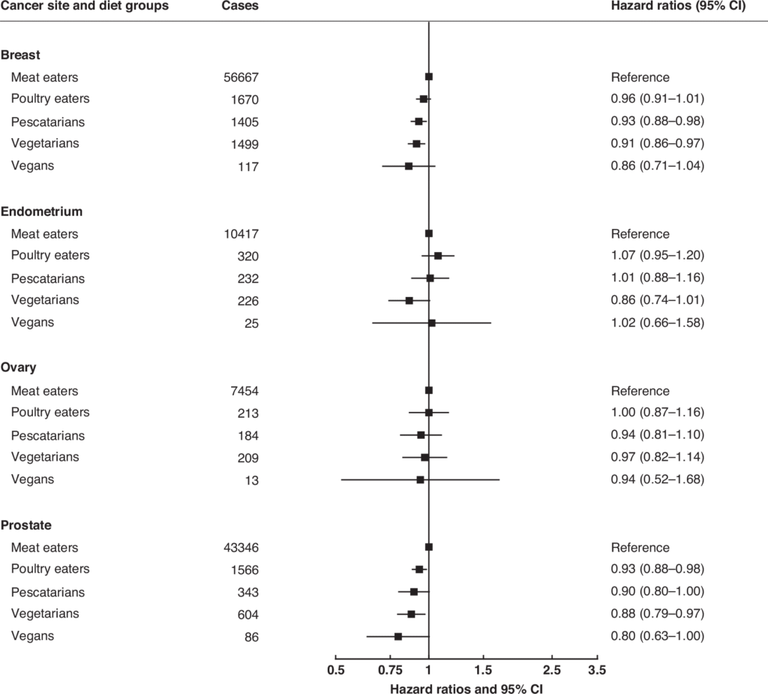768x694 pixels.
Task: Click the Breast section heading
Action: pyautogui.click(x=20, y=55)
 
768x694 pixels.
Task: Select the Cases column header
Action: pyautogui.click(x=240, y=7)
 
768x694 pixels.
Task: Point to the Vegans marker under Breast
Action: pyautogui.click(x=409, y=166)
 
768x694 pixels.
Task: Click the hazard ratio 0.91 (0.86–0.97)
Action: pyautogui.click(x=657, y=143)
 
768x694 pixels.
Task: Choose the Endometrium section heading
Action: pyautogui.click(x=42, y=212)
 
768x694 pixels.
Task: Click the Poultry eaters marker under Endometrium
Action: pyautogui.click(x=438, y=256)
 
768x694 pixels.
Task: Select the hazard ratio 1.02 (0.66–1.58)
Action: pyautogui.click(x=657, y=323)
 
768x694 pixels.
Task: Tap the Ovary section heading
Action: pyautogui.click(x=19, y=368)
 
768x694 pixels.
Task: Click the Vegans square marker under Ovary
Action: pyautogui.click(x=420, y=479)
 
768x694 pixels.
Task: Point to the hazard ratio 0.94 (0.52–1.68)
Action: pyautogui.click(x=657, y=479)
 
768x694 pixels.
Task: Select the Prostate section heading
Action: pyautogui.click(x=26, y=525)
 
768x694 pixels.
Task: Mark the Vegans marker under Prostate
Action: pyautogui.click(x=398, y=636)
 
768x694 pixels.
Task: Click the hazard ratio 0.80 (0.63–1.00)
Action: pyautogui.click(x=657, y=636)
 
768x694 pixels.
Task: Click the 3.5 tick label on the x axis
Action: pyautogui.click(x=597, y=669)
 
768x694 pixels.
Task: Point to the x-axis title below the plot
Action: pyautogui.click(x=465, y=687)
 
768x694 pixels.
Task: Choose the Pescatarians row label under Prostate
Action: pyautogui.click(x=47, y=592)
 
